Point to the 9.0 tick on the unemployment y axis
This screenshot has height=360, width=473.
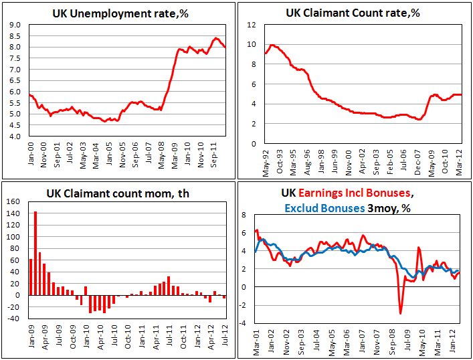14,25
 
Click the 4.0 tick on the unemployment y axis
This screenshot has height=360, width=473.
14,136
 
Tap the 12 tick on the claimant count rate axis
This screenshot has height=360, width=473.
252,25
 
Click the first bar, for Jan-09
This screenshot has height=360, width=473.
31,276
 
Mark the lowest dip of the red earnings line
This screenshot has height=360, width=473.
401,312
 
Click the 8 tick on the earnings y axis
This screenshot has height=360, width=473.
244,215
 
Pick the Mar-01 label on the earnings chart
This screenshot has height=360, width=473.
256,339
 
